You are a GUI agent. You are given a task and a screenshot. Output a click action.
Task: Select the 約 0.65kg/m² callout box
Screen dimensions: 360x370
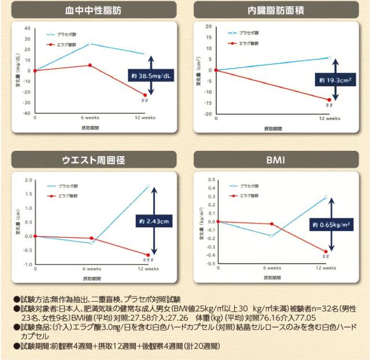[x=331, y=225]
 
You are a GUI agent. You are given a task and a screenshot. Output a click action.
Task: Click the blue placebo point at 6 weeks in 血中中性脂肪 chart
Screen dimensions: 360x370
[x=90, y=44]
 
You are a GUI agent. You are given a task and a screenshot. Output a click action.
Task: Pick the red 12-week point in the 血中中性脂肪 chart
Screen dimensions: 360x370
[x=145, y=95]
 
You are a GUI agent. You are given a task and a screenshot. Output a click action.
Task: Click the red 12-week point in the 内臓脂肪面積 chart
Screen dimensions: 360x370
[x=329, y=99]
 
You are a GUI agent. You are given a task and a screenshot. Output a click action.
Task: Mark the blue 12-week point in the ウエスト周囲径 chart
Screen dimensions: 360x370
[x=148, y=187]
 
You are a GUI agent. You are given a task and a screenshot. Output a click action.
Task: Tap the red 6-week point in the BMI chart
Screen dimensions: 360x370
[x=272, y=224]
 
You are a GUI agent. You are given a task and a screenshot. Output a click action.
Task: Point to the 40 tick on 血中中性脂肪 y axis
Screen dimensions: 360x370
[x=27, y=28]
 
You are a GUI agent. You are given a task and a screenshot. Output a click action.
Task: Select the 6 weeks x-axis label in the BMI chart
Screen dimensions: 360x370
[x=272, y=268]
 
